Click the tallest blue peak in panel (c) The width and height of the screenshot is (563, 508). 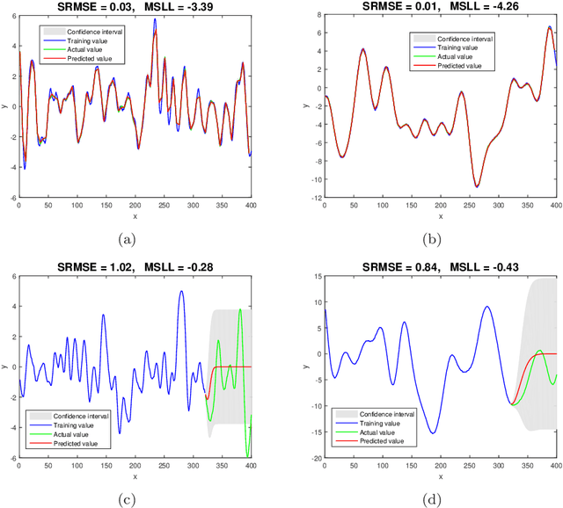(x=181, y=291)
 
